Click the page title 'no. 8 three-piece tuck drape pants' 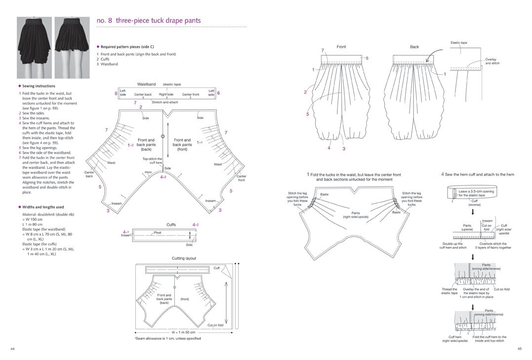coord(148,21)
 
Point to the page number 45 coord(520,349)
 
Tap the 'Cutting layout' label coord(184,258)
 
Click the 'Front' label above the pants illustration coord(341,47)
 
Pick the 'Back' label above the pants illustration coord(414,47)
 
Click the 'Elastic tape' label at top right coord(458,43)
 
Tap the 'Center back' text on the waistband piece coord(143,94)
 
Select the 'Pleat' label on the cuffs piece coord(158,232)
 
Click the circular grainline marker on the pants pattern coord(162,136)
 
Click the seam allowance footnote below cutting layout coord(167,339)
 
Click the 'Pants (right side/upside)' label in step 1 coord(355,215)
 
